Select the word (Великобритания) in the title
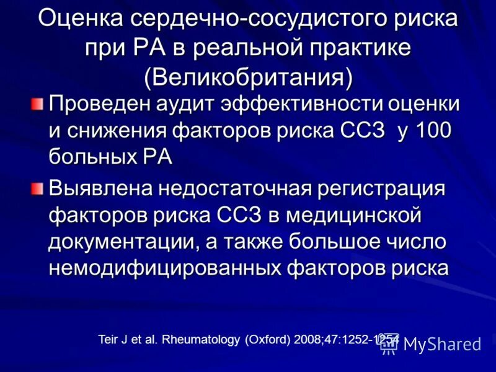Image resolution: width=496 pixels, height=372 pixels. coord(248,77)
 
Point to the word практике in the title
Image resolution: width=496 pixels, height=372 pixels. coord(362,48)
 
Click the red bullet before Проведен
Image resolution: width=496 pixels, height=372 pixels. coord(39,102)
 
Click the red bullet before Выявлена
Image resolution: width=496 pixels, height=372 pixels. coord(39,187)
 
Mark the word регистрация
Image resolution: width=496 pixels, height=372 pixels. coord(391,187)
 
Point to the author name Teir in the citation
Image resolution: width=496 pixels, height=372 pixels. coord(108,340)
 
